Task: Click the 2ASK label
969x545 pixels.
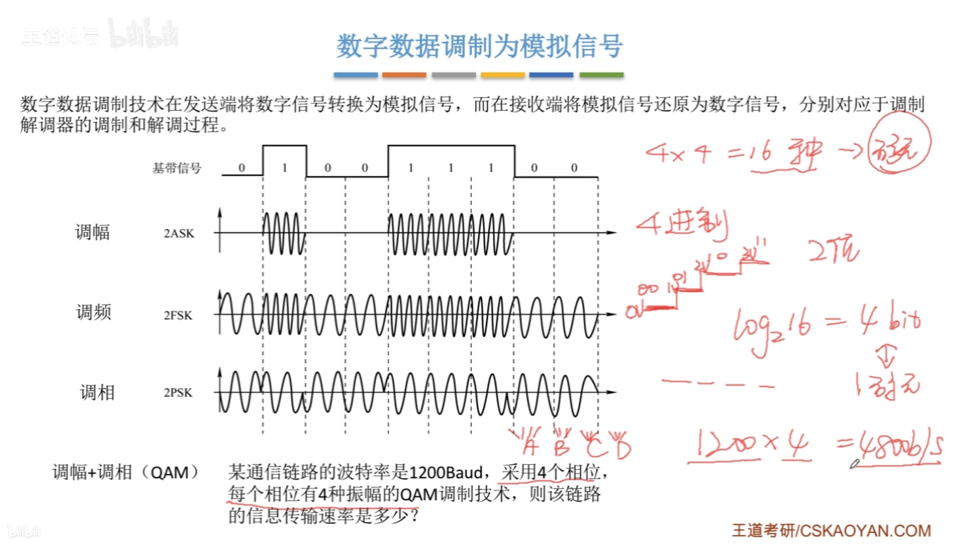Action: pos(179,233)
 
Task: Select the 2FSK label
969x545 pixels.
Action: pos(178,315)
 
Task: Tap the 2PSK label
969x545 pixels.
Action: pos(178,392)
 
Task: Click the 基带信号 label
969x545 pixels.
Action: pos(177,168)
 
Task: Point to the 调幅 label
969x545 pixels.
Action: pos(92,232)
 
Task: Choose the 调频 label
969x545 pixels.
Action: pos(93,312)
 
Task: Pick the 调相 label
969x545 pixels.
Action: pos(97,392)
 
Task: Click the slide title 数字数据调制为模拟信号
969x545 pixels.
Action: pos(479,46)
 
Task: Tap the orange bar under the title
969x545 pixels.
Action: pos(404,75)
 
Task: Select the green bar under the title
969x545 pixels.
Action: pos(601,75)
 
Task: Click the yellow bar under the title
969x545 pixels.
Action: pos(503,75)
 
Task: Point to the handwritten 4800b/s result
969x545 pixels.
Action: pos(901,449)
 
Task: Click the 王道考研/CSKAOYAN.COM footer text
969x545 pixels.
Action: pos(831,531)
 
